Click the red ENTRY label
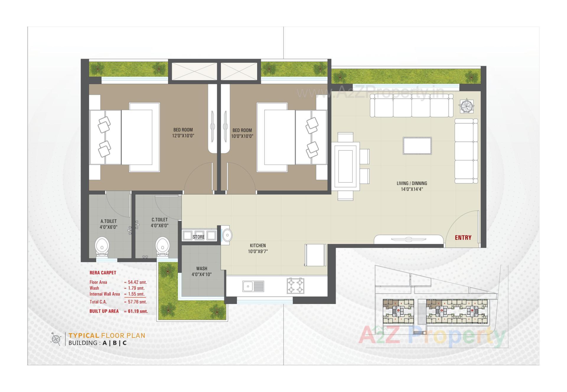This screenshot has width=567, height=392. point(463,238)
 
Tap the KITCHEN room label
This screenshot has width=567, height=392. point(258,245)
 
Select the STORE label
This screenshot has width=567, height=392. point(198,237)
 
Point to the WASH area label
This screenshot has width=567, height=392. point(202,268)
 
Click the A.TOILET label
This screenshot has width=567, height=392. point(108,221)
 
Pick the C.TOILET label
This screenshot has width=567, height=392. point(159,220)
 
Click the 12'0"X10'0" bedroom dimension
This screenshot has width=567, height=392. point(183,136)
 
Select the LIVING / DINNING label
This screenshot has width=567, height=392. point(412,183)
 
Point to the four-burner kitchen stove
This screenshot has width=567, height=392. point(295,285)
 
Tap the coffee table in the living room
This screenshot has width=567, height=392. point(417,145)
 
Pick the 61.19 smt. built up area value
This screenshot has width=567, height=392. point(138,311)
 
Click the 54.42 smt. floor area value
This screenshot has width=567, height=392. point(137,282)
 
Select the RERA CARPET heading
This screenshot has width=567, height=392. point(103,273)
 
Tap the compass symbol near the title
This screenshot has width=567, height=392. point(56,339)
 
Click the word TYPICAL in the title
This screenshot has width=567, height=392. point(84,335)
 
